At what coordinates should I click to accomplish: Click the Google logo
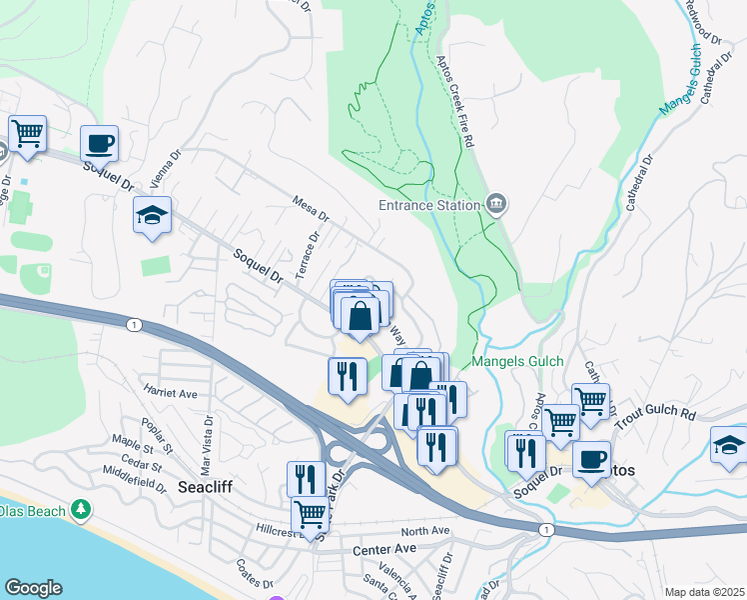pyautogui.click(x=33, y=587)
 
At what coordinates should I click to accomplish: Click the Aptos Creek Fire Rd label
pyautogui.click(x=453, y=101)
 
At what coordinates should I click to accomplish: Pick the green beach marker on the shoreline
pyautogui.click(x=81, y=511)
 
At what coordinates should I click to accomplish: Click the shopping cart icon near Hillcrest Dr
pyautogui.click(x=311, y=516)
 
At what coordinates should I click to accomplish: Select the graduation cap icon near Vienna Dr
pyautogui.click(x=153, y=215)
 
